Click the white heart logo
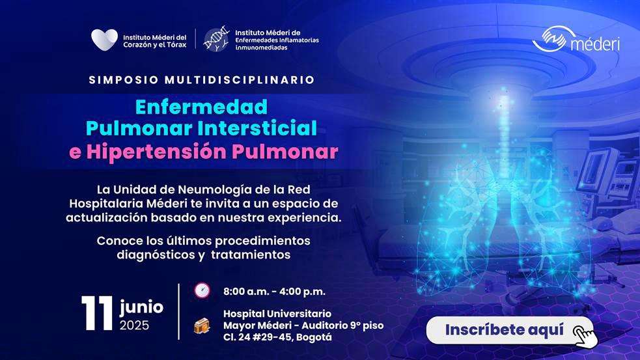104,40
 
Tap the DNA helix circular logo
216,40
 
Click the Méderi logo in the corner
576,40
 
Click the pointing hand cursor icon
585,336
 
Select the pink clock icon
202,290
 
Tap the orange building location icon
202,325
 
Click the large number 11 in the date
97,313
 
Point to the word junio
141,307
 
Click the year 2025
134,325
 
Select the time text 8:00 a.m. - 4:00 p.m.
274,292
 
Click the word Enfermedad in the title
201,107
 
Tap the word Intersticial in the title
260,128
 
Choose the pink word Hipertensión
157,152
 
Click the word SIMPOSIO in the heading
124,79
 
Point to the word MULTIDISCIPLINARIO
240,79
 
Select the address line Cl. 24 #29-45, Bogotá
277,338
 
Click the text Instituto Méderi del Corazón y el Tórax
155,41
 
